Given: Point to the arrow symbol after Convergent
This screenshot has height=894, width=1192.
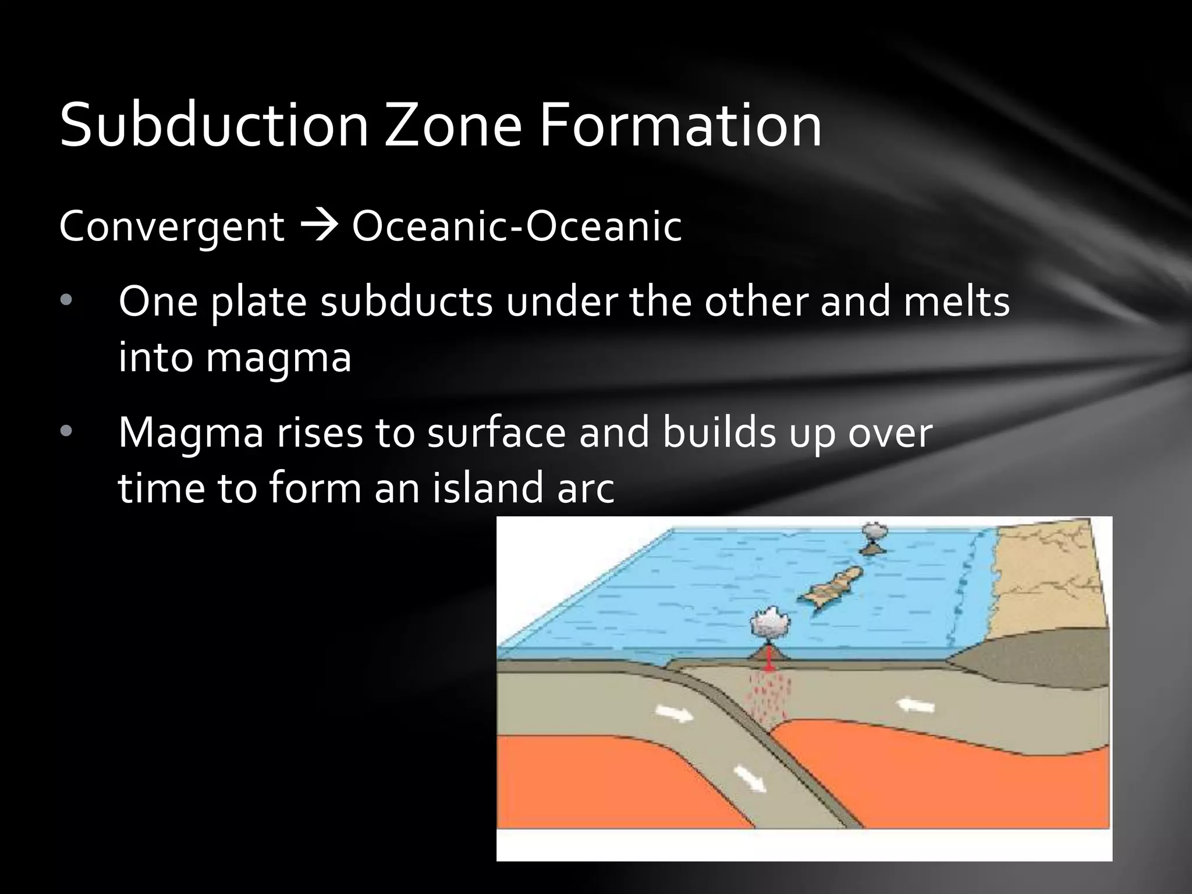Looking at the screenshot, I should [318, 226].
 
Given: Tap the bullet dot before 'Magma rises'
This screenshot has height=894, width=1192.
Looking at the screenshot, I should [66, 431].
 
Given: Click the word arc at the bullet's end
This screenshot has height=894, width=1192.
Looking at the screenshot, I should [586, 489].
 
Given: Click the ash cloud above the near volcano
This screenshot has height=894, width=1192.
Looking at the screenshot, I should [769, 623].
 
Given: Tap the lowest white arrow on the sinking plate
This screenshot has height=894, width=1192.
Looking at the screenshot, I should [750, 778].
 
